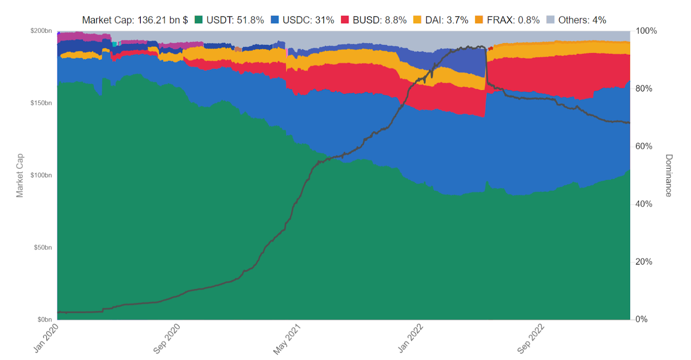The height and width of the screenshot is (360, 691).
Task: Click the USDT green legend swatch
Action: (199, 20)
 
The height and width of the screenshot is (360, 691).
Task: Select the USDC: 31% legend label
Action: (308, 20)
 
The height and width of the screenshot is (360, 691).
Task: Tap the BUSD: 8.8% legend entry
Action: (379, 20)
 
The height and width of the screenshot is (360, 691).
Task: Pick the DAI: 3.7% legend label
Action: (447, 20)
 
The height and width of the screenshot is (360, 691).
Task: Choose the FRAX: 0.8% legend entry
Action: (513, 20)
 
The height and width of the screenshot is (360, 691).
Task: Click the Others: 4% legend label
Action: (582, 20)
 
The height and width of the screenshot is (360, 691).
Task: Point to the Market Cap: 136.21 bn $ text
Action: (135, 20)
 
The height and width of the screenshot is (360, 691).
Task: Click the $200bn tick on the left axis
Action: (41, 31)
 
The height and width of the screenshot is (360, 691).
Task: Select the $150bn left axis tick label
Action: (41, 103)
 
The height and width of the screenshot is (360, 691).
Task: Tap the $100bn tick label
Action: (41, 175)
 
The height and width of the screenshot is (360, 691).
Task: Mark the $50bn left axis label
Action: (43, 247)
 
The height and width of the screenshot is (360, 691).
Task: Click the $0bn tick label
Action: (44, 319)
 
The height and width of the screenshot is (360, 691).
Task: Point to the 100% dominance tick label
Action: (646, 31)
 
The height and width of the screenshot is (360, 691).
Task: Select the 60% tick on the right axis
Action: (643, 146)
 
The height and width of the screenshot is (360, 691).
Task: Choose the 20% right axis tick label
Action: (643, 262)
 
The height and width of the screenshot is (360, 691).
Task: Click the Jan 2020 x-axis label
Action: (46, 338)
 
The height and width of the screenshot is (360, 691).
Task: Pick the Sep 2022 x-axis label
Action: (531, 339)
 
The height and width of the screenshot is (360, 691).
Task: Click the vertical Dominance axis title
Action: (669, 175)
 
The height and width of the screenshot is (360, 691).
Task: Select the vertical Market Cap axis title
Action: (20, 175)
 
